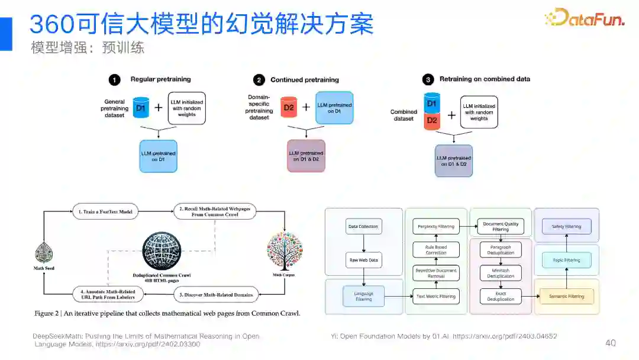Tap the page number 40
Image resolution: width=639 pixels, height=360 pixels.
610,343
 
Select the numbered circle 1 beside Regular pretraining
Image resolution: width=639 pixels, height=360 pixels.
115,80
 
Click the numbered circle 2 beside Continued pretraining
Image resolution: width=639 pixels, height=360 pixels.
259,80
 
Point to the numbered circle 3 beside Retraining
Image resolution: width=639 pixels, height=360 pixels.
427,79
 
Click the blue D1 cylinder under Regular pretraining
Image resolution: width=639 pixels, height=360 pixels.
140,108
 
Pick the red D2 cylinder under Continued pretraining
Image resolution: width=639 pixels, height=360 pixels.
289,107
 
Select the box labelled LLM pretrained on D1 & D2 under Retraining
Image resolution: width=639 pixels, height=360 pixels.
454,160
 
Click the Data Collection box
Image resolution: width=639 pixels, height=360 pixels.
362,226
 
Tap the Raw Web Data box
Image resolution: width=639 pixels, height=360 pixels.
362,261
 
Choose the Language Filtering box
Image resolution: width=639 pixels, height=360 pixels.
363,296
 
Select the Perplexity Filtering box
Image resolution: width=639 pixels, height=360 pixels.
436,226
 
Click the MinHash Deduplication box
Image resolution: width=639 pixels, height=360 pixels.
501,272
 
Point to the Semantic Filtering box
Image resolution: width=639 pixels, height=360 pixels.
567,296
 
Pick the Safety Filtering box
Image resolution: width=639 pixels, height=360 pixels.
566,226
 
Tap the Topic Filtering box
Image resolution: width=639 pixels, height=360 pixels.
566,261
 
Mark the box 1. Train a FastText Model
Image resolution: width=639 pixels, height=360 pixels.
104,211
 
